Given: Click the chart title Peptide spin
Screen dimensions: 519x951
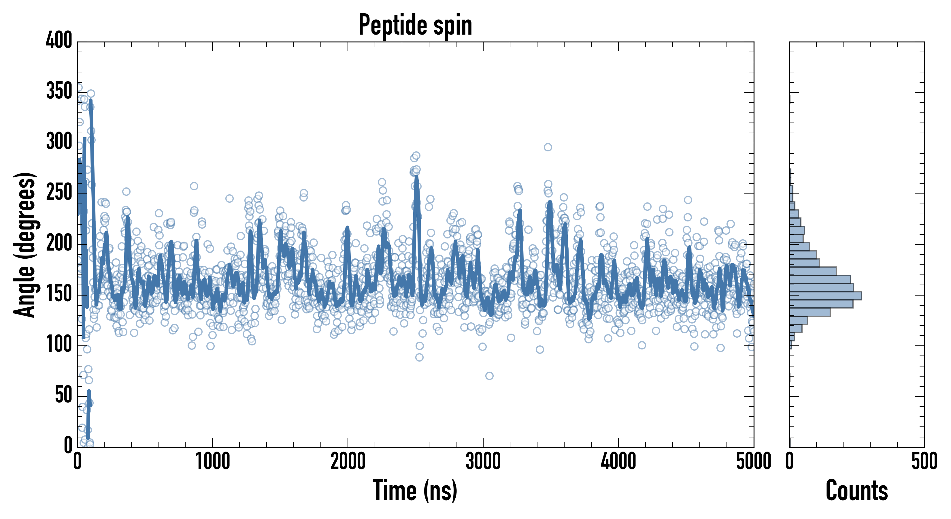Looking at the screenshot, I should (415, 25).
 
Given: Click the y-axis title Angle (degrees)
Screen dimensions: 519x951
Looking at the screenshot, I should (25, 244).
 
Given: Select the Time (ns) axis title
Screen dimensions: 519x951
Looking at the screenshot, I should (415, 490).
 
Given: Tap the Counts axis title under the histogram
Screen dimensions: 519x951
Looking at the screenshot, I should (856, 490).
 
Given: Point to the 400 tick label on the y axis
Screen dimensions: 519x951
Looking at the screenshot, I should (59, 40).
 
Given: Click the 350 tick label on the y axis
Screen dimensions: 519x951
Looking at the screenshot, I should (59, 91).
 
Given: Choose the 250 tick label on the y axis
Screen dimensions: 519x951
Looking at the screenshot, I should (59, 192).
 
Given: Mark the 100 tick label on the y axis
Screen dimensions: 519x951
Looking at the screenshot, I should (59, 345).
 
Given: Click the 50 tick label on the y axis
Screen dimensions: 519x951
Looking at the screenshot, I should (63, 395).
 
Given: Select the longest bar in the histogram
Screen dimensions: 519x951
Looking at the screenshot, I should (825, 296).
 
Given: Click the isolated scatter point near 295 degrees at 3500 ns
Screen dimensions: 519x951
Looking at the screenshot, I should (548, 147).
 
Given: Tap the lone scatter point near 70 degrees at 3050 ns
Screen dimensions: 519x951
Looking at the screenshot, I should (489, 376).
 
